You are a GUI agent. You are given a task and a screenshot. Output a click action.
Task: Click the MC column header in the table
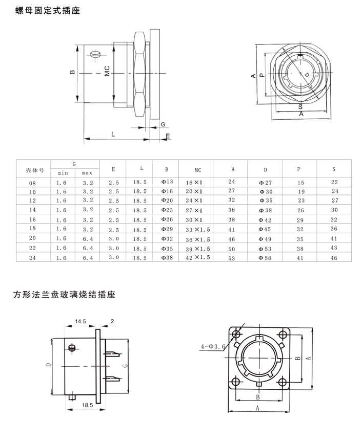click(198, 169)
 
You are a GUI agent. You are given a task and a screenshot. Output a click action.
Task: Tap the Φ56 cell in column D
click(265, 258)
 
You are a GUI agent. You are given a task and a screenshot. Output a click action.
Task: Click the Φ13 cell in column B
click(168, 182)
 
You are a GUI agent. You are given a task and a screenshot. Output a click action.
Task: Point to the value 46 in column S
click(334, 258)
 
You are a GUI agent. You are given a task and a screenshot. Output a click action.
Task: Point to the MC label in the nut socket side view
click(107, 72)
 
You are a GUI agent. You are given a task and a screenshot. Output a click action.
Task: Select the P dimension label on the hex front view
click(261, 75)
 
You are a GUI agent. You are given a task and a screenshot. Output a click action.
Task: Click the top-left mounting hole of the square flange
click(236, 335)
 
